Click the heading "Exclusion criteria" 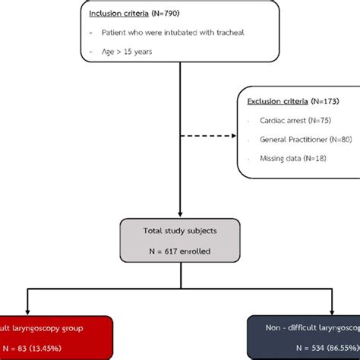point(278,100)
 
